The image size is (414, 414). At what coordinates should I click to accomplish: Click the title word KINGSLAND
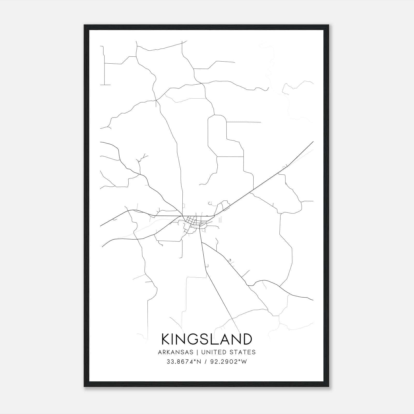207,339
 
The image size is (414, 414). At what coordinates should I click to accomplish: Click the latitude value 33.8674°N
184,362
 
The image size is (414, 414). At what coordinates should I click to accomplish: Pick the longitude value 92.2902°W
229,362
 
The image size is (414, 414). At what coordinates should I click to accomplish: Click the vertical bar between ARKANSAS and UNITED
197,352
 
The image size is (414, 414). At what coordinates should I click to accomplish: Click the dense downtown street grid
193,221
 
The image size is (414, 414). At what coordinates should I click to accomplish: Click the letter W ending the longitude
244,362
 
